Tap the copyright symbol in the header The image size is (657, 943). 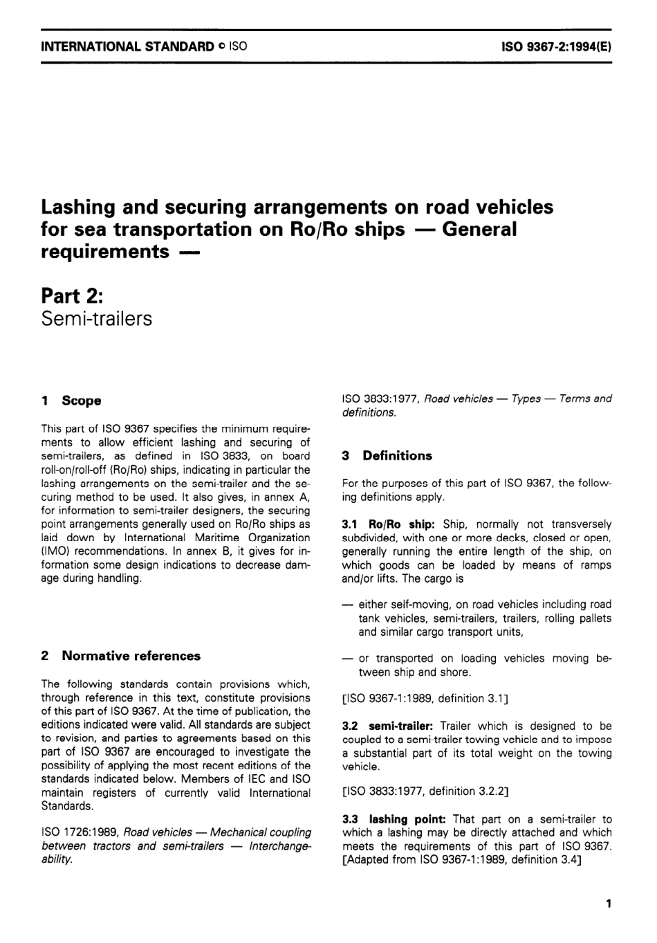tap(221, 47)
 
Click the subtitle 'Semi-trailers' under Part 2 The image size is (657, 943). tap(97, 319)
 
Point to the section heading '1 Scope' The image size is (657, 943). tap(71, 401)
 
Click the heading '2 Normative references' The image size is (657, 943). tap(121, 656)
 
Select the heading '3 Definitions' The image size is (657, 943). tap(387, 456)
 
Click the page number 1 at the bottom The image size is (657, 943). tap(608, 904)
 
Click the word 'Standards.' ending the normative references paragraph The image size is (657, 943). tap(67, 806)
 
